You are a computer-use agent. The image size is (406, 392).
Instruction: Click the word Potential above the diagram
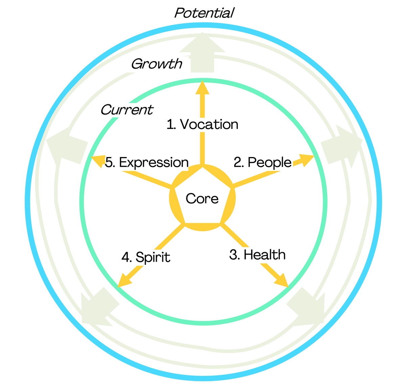(x=204, y=13)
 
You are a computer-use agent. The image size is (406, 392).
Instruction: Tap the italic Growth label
(x=156, y=63)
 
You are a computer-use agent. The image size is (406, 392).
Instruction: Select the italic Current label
(x=127, y=109)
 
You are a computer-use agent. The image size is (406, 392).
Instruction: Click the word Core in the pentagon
(x=202, y=199)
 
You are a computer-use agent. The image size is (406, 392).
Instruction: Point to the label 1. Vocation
(x=202, y=124)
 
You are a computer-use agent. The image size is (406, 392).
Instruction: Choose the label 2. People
(x=262, y=162)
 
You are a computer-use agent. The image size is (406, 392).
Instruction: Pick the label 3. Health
(x=257, y=255)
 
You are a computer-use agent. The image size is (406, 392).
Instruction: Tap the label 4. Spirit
(x=146, y=257)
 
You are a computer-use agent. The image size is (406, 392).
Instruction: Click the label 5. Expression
(x=146, y=162)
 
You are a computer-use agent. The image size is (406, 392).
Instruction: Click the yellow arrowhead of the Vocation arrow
(x=203, y=87)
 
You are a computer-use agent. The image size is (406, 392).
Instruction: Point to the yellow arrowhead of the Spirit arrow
(x=123, y=281)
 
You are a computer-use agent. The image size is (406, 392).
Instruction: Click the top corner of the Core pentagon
(x=202, y=166)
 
